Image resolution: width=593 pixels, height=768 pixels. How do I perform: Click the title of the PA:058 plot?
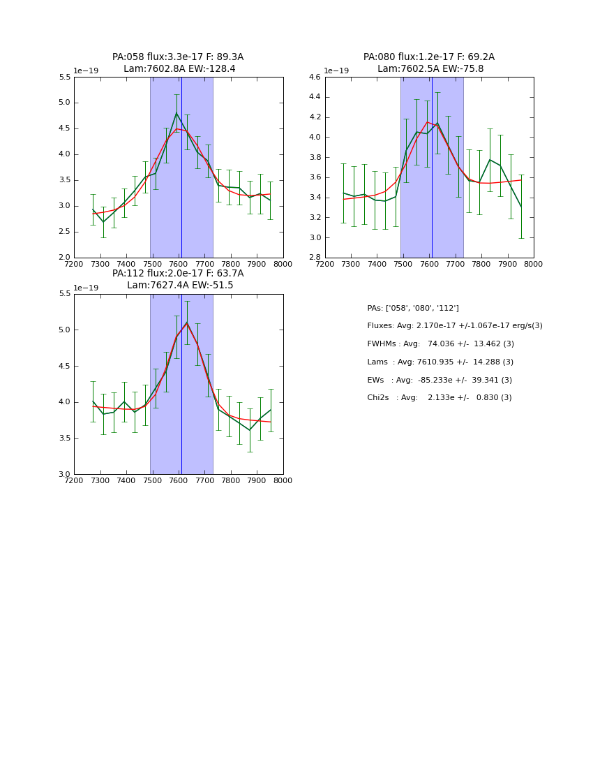coord(178,63)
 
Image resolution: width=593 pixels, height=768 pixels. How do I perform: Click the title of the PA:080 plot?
coord(429,63)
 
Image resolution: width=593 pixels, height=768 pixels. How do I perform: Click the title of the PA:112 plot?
coord(178,279)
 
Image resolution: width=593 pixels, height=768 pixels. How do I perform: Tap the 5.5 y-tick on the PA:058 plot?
coord(64,77)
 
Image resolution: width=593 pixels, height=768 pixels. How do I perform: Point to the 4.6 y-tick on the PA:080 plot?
coord(315,77)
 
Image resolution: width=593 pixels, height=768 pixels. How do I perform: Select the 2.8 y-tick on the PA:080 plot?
coord(315,258)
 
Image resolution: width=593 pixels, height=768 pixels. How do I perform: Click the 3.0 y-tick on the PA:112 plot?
coord(64,475)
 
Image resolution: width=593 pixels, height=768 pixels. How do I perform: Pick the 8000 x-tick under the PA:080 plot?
coord(534,264)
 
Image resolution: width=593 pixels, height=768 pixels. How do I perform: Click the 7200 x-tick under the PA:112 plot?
coord(74,480)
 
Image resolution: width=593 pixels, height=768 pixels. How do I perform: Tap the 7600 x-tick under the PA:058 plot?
coord(179,264)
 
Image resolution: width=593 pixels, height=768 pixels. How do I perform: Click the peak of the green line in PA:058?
coord(177,112)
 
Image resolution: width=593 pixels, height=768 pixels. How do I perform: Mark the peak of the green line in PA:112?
coord(186,322)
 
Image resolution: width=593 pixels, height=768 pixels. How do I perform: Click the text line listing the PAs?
coord(413,308)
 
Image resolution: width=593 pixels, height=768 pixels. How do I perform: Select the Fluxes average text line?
coord(454,326)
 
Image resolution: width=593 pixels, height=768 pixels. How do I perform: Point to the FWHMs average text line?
coord(440,344)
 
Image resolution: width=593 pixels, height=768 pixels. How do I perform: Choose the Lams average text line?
coord(440,362)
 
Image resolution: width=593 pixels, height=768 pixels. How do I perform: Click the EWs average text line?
coord(440,381)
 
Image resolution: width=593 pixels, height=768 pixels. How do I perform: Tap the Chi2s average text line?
coord(440,398)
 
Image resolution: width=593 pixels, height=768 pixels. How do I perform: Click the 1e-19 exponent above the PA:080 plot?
coord(337,71)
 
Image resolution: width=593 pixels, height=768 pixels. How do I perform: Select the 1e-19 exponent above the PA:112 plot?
coord(86,288)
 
